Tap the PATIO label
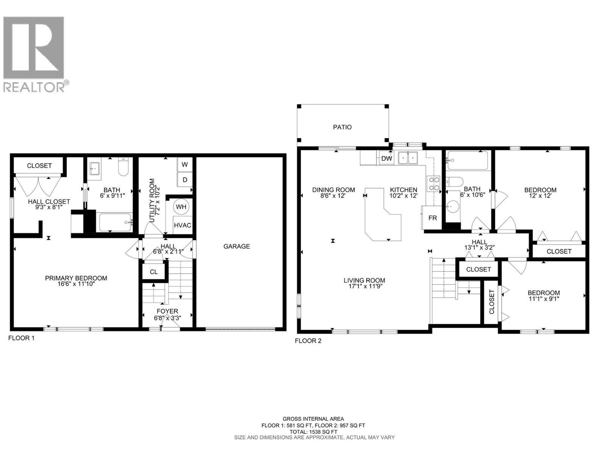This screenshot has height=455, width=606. (x=342, y=127)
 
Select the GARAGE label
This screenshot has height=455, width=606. (x=236, y=246)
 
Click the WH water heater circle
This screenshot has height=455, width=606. (x=181, y=207)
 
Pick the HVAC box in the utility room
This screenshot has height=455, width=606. (x=182, y=225)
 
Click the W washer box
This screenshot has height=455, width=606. (x=185, y=165)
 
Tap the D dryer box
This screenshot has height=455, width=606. (x=185, y=180)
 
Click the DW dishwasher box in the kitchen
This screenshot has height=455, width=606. (x=386, y=158)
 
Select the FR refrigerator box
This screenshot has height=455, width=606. (x=432, y=218)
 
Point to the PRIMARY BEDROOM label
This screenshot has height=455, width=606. (x=76, y=278)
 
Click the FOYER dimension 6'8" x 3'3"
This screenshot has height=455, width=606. (x=167, y=318)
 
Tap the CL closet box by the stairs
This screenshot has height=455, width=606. (x=153, y=272)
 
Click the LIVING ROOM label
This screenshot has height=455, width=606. (x=364, y=281)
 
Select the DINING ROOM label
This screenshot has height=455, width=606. (x=333, y=190)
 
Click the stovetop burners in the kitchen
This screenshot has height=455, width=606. (x=434, y=184)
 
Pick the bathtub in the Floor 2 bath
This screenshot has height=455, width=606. (x=467, y=161)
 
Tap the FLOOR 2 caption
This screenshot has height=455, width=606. (x=308, y=341)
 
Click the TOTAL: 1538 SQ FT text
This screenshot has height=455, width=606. (x=313, y=431)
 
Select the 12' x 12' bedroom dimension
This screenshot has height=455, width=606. (x=540, y=196)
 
